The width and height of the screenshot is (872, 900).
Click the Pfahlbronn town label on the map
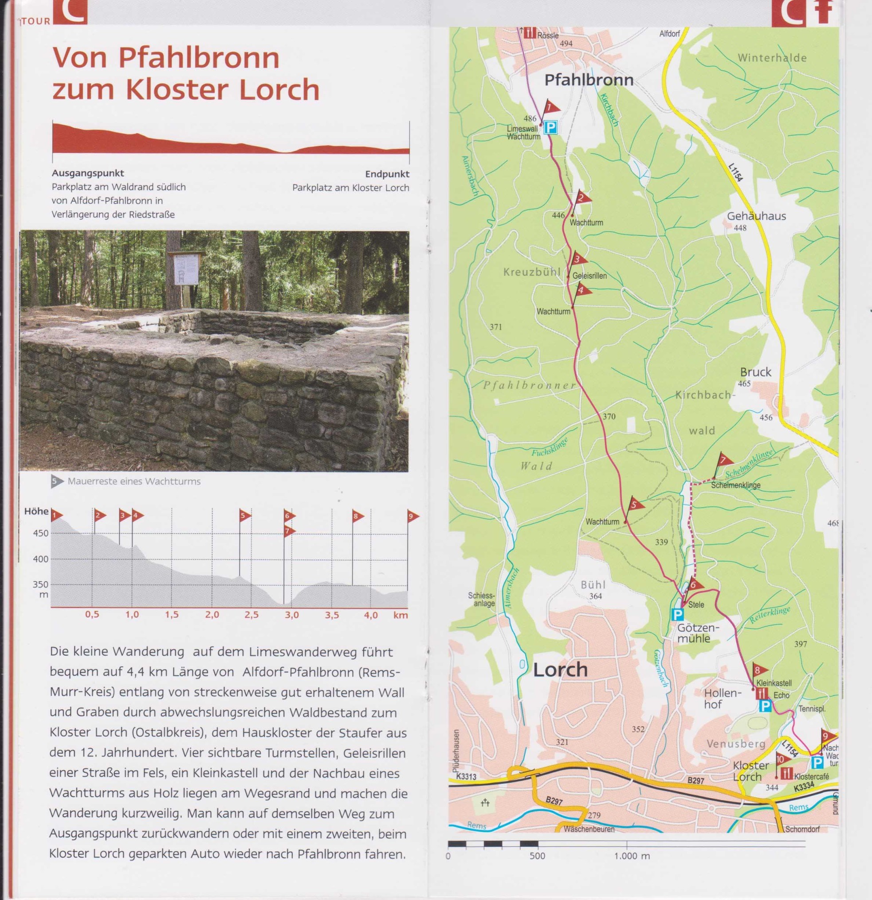[x=589, y=80]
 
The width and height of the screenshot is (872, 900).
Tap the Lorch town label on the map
[x=560, y=670]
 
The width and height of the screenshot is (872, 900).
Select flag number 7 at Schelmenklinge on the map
[x=724, y=460]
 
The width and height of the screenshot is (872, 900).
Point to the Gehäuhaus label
[x=756, y=216]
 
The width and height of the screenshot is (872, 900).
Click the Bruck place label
[x=755, y=372]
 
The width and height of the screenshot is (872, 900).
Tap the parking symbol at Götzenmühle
[x=677, y=614]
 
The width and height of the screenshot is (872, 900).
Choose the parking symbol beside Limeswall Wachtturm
[x=550, y=127]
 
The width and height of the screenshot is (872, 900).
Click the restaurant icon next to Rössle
[x=530, y=33]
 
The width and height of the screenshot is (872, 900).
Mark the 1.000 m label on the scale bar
[x=632, y=856]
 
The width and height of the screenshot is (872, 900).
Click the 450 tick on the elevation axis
[x=40, y=533]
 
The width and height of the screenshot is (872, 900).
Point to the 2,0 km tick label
[x=212, y=615]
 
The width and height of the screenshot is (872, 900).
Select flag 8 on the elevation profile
[x=357, y=516]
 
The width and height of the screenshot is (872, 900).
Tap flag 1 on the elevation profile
[x=56, y=516]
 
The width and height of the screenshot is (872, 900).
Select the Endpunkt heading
[x=387, y=174]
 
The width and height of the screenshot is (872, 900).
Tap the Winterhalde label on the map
[x=772, y=58]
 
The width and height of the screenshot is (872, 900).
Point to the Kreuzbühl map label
[x=531, y=272]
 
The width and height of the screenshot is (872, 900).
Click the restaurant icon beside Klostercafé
[x=786, y=773]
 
